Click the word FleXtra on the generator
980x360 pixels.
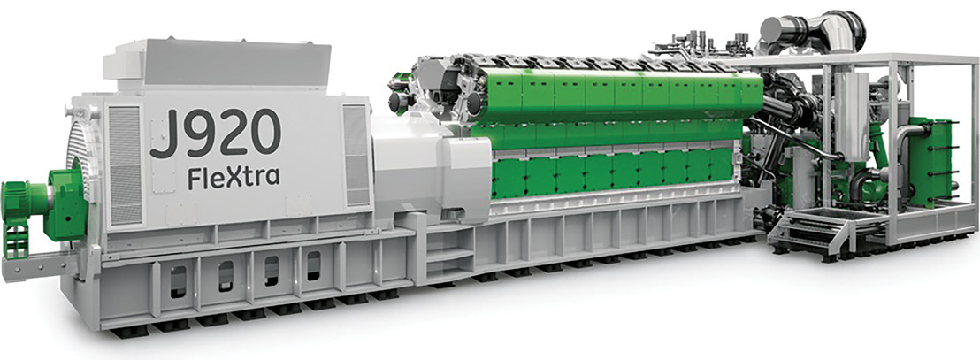(234, 177)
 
